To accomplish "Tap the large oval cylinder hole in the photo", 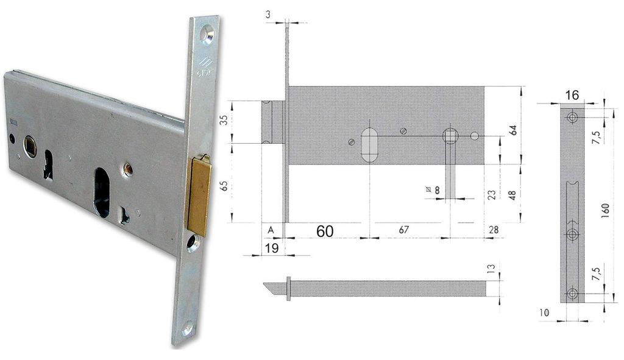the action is pyautogui.click(x=104, y=192).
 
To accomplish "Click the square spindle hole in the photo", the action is pyautogui.click(x=30, y=146).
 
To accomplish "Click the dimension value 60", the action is pyautogui.click(x=325, y=231).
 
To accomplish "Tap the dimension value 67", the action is pyautogui.click(x=403, y=230).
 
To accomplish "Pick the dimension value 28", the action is pyautogui.click(x=494, y=230).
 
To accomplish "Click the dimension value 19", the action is pyautogui.click(x=271, y=248).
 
